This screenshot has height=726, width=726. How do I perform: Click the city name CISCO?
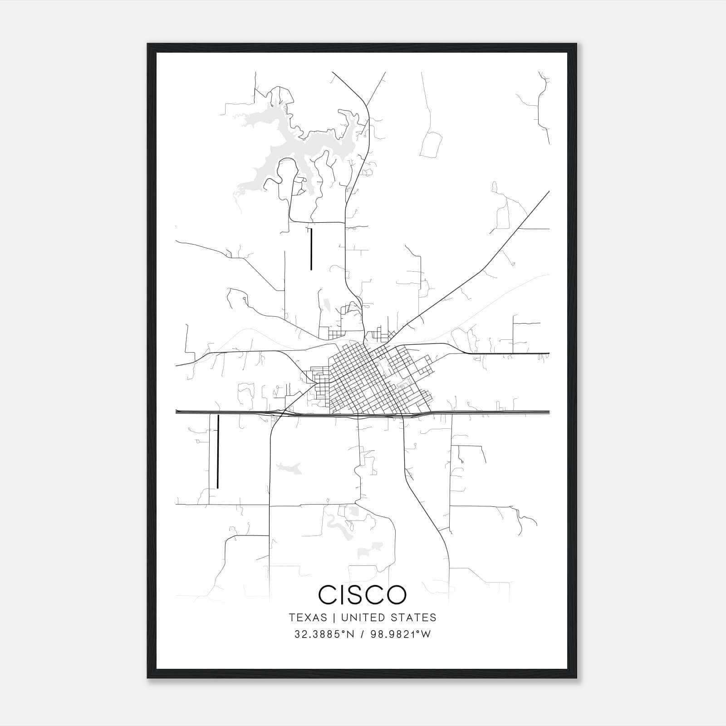tap(363, 594)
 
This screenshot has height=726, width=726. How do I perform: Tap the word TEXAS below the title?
tap(308, 618)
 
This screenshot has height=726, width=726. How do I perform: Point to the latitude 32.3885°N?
tap(324, 634)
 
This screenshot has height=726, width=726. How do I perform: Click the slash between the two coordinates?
tap(362, 634)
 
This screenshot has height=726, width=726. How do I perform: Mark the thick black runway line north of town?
tap(311, 249)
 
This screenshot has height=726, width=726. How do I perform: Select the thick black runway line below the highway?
tap(218, 451)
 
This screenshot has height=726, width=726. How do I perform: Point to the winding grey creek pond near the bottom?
tap(338, 526)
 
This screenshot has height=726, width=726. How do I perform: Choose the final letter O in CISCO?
tap(396, 594)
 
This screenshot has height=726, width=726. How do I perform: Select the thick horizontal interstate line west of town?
tap(218, 412)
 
